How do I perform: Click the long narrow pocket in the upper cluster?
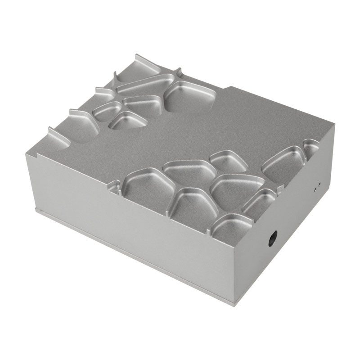point(144,85)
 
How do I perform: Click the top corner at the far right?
point(334,125)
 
